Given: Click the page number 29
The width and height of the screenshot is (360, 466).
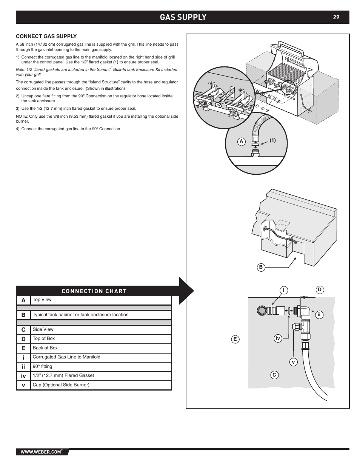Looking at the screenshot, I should (336, 17).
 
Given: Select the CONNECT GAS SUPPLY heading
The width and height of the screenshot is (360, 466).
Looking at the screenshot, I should (46, 36).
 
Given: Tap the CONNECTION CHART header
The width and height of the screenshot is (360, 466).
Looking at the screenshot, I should (94, 291).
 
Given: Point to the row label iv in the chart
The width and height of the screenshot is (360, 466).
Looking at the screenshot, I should (23, 376).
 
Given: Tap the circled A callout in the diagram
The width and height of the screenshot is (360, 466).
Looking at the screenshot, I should (241, 141).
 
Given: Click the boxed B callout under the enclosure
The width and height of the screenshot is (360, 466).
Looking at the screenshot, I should (260, 267).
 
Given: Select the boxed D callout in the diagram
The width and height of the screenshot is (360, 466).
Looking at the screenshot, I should (319, 290).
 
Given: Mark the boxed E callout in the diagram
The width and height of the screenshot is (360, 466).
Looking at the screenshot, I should (235, 339).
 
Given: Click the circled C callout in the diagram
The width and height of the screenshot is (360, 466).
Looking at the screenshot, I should (274, 375).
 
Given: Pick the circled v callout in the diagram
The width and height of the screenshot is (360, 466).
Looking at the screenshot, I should (293, 362).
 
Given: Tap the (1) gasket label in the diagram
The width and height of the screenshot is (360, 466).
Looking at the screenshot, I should (272, 140).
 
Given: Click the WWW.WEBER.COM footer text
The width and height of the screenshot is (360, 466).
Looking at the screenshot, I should (41, 452).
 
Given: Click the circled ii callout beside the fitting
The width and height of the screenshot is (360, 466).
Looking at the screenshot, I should (319, 314).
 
